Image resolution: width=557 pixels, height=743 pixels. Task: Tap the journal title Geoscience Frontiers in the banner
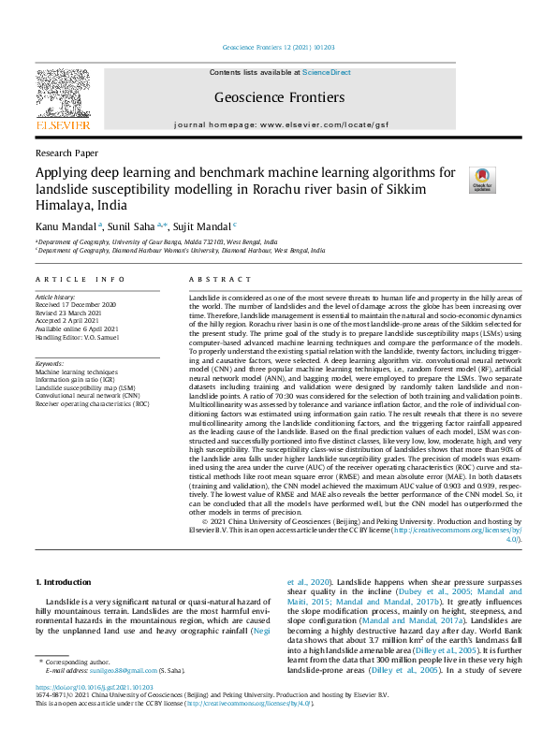click(x=279, y=97)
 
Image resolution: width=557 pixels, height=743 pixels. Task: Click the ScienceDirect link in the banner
click(x=326, y=72)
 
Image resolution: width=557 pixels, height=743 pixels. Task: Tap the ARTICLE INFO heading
click(x=80, y=280)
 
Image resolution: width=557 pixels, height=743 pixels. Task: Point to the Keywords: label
click(x=50, y=362)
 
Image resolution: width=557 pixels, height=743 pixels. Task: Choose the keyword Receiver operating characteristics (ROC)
click(x=92, y=403)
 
